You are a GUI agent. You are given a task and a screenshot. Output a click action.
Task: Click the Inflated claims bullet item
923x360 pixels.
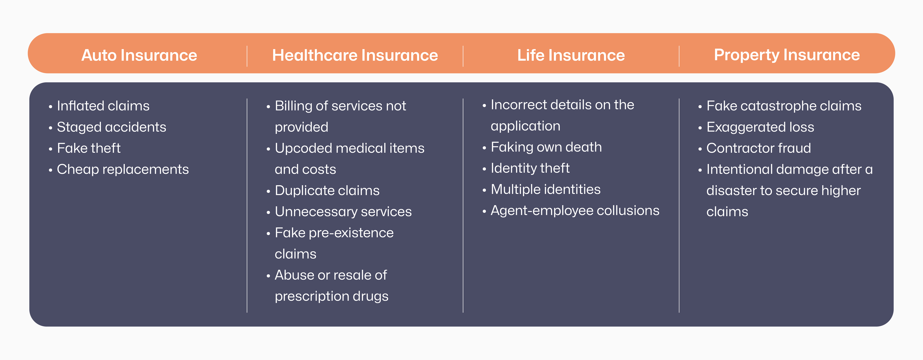103,106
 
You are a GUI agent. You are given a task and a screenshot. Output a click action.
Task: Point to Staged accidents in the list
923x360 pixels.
111,127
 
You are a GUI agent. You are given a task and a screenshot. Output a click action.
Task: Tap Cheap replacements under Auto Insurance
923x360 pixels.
123,169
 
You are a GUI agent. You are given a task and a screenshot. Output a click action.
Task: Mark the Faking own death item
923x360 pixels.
546,147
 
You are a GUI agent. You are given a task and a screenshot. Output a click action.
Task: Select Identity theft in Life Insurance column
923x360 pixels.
530,168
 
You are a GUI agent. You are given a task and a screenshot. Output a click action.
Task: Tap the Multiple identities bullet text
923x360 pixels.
545,190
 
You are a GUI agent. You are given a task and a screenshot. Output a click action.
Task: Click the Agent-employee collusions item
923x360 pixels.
575,211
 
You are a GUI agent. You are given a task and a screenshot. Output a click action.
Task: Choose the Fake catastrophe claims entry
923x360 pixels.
784,106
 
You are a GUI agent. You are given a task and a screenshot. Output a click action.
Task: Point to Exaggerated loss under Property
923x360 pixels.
760,127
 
